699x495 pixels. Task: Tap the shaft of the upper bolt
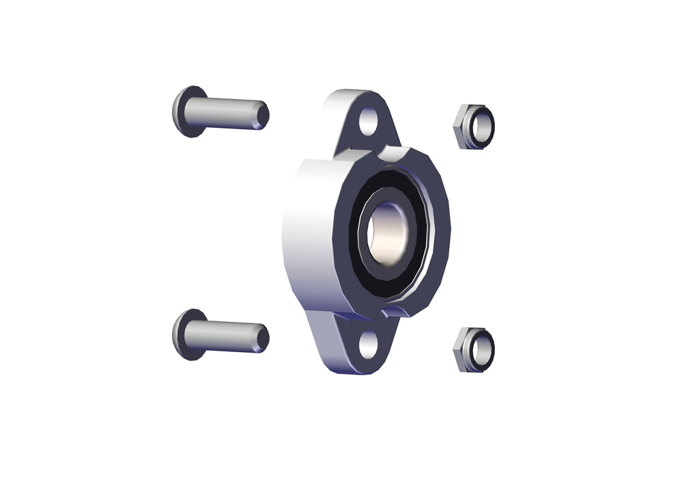coord(222,113)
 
